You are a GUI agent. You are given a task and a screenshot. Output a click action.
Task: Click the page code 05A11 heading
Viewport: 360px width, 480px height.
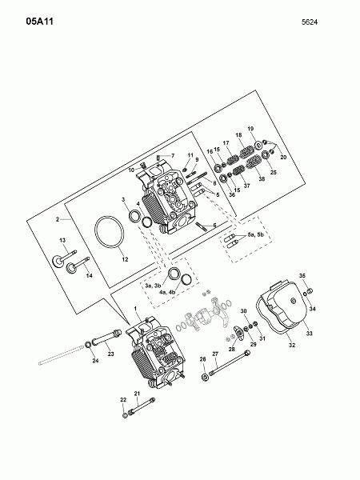point(40,22)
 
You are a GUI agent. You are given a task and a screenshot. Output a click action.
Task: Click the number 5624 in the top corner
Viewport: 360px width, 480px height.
point(309,22)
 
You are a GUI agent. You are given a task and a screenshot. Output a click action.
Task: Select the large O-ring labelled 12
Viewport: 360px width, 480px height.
point(110,232)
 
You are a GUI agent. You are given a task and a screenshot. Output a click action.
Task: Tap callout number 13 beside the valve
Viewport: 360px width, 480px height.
point(62,240)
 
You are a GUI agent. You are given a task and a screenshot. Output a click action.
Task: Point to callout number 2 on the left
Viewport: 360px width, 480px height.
point(58,219)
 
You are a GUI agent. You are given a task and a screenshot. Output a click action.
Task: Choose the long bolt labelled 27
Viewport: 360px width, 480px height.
point(230,362)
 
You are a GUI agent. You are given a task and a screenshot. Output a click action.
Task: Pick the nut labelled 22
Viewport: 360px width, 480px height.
point(125,415)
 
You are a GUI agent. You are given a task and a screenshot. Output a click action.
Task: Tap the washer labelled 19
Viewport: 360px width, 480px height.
point(258,145)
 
